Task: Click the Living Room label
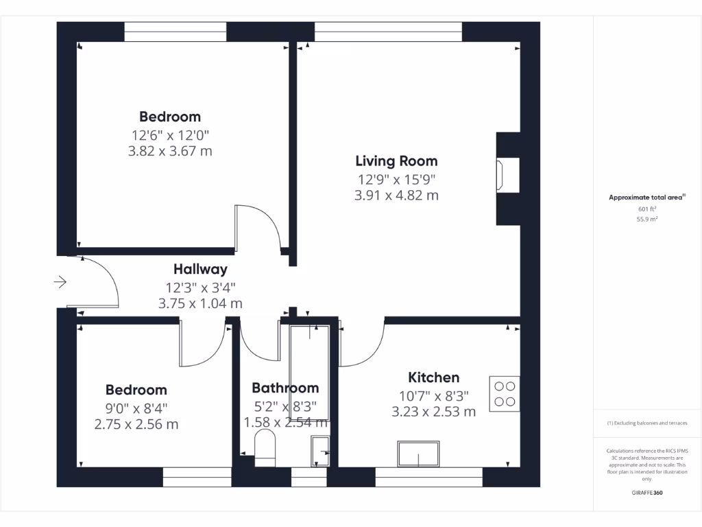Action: [x=396, y=161]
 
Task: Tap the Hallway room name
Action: [x=200, y=270]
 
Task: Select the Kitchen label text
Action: [x=433, y=377]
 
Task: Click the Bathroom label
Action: [x=285, y=388]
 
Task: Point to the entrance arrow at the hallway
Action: [x=60, y=282]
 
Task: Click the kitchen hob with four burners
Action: [x=505, y=393]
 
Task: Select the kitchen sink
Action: [x=417, y=454]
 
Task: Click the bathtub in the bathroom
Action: [x=309, y=371]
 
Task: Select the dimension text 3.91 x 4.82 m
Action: [x=396, y=196]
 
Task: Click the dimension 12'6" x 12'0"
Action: [x=170, y=135]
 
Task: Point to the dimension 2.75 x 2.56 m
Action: [x=136, y=424]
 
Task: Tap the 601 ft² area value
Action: [x=647, y=209]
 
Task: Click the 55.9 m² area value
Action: [x=647, y=220]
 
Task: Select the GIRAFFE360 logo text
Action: [x=647, y=493]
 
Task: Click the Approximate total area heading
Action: [x=646, y=198]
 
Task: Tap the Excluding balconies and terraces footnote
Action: [x=647, y=423]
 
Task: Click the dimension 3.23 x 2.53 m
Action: [x=433, y=412]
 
